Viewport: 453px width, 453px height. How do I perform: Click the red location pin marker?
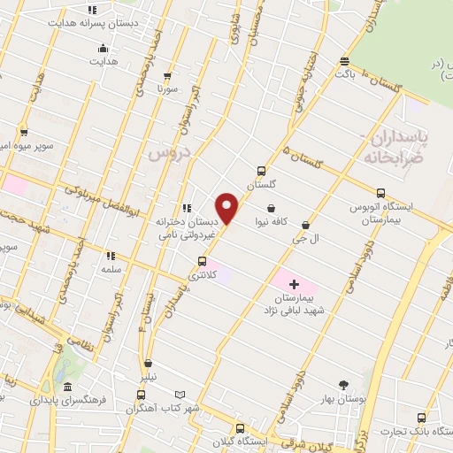[x=228, y=208]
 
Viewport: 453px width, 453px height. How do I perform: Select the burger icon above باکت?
[x=345, y=61]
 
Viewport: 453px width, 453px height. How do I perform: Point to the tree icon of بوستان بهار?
[x=343, y=384]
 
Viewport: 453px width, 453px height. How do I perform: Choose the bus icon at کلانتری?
[x=203, y=262]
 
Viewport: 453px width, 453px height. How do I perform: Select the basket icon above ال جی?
[x=306, y=225]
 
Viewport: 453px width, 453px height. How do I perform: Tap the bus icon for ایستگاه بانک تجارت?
[x=421, y=417]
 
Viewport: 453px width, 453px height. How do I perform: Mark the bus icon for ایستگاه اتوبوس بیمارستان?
[x=380, y=193]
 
